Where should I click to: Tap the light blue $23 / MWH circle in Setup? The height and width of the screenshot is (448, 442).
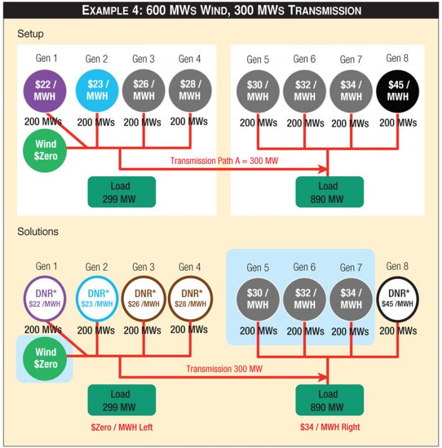point(97,90)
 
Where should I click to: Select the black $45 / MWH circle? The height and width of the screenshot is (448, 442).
point(397,90)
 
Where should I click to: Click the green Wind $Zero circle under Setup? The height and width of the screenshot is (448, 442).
point(45,149)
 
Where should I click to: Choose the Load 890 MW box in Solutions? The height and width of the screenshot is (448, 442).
point(329,400)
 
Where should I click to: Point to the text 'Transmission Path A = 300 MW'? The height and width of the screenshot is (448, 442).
point(224,160)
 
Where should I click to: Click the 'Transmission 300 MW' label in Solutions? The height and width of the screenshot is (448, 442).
point(225,368)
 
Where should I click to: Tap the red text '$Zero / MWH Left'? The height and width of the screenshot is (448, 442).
point(122,427)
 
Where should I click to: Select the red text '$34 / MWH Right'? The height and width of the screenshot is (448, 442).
point(330,427)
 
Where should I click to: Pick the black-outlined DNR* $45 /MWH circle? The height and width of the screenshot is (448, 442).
point(397,298)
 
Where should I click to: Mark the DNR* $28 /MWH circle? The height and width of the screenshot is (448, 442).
point(190,298)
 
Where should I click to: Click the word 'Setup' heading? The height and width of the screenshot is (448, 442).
point(30,33)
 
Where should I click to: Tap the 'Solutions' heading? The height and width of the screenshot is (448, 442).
point(38,232)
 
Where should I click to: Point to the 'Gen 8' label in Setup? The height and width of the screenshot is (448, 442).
point(397,58)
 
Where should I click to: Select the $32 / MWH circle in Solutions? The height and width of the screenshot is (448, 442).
point(304,298)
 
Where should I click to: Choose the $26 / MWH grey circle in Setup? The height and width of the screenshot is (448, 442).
point(143,90)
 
